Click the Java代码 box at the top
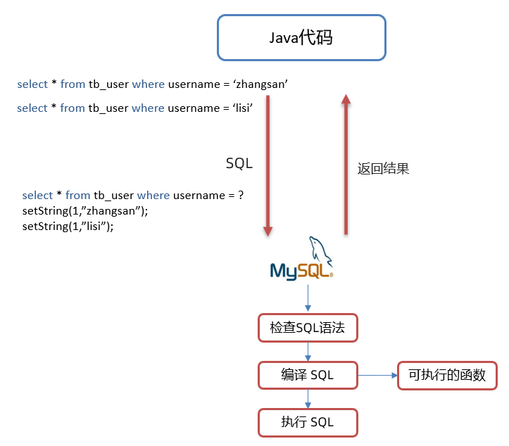(301, 37)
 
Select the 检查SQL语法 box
(308, 327)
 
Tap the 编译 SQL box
(308, 375)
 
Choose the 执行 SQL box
(308, 422)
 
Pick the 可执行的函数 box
(447, 375)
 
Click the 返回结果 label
(383, 169)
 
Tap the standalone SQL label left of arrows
(239, 163)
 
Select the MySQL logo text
(301, 271)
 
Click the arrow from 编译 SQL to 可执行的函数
(377, 375)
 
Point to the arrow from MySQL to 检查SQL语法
(308, 298)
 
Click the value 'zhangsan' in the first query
(261, 84)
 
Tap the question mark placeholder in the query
(241, 195)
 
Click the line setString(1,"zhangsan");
(85, 211)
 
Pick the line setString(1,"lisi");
(68, 227)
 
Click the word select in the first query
(32, 84)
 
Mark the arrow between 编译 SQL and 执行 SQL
(308, 398)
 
